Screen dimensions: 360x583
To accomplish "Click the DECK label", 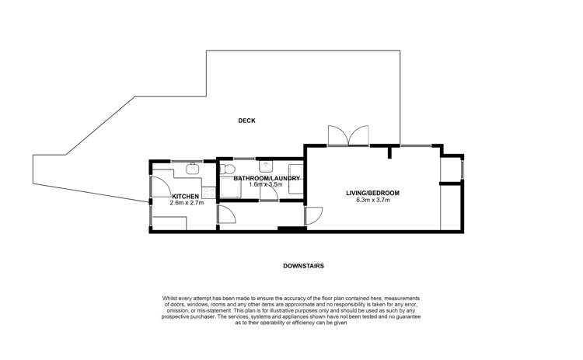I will point(247,121).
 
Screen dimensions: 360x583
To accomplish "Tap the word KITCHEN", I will point(186,196).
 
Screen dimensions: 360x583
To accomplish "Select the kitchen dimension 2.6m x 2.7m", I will point(187,203).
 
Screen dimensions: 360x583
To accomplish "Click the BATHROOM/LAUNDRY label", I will point(267,178).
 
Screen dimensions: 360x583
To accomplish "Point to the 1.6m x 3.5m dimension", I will point(266,185).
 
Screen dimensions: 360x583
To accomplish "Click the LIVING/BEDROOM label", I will point(372,193).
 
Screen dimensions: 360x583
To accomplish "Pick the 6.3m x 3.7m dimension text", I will point(372,201).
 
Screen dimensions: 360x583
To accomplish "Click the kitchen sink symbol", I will point(194,168).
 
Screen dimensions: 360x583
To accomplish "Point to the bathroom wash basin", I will point(266,166).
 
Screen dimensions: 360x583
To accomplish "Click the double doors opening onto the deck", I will point(348,135).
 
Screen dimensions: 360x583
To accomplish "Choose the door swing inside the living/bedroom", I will point(314,215).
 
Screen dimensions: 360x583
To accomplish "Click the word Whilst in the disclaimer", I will point(171,298).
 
